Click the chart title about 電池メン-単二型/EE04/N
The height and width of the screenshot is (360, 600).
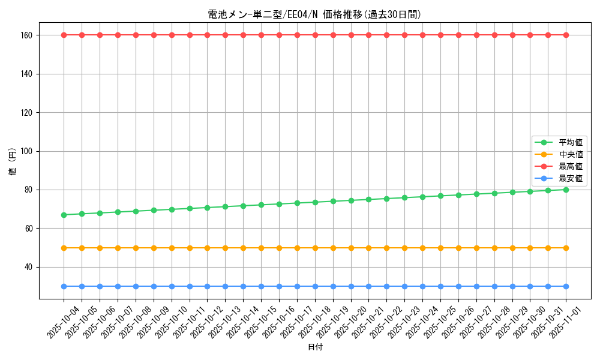[x=314, y=14]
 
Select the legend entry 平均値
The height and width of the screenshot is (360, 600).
[x=570, y=142]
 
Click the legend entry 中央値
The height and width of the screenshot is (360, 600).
[x=570, y=154]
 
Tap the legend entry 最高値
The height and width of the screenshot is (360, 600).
[x=570, y=166]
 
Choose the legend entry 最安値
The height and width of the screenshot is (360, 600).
[x=570, y=178]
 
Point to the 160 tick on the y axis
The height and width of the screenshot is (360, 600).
[x=28, y=35]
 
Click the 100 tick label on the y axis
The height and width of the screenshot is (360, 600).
[x=28, y=151]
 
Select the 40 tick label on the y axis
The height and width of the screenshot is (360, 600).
[x=29, y=267]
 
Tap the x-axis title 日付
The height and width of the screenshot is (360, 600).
[x=314, y=347]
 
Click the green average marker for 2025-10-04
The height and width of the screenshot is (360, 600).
[x=64, y=215]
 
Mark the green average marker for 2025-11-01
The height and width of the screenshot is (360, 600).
[x=566, y=190]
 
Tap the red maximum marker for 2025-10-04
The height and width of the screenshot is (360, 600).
[x=64, y=35]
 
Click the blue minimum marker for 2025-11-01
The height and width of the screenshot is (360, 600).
[x=566, y=286]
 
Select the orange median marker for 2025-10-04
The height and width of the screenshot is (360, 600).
[x=64, y=248]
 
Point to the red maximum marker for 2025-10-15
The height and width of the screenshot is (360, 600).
[x=261, y=35]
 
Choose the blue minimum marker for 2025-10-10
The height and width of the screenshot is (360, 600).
[x=172, y=286]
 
